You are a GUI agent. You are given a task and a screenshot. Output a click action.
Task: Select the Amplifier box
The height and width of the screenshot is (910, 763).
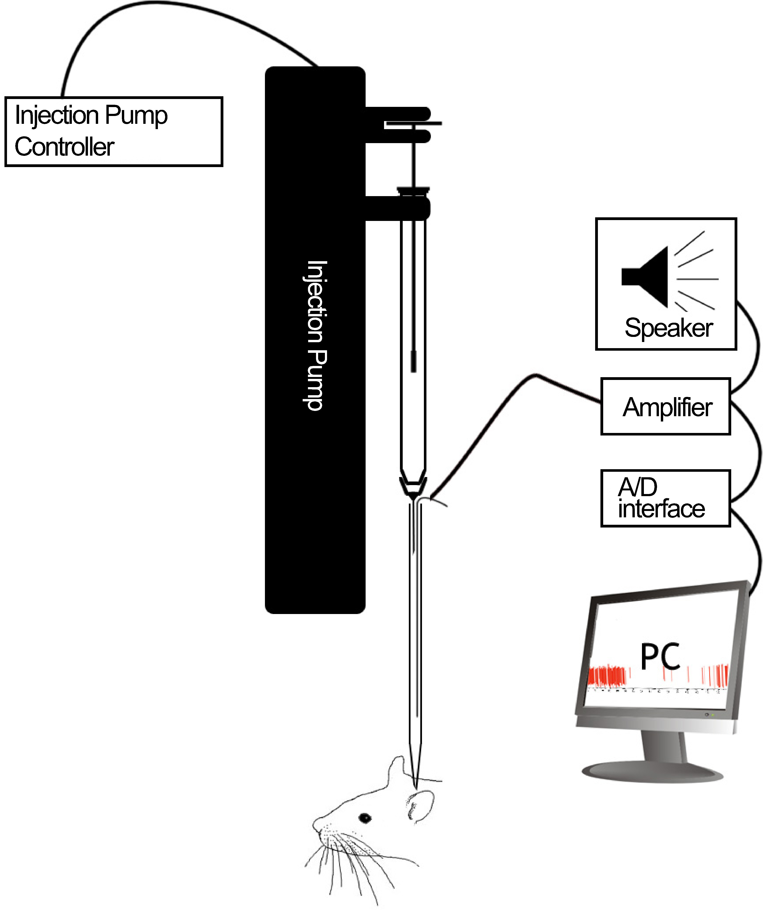coord(666,406)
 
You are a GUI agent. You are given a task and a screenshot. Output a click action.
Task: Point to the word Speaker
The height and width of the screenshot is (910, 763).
coord(668,328)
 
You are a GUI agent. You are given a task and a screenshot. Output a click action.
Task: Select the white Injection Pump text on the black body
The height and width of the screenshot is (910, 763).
coord(315,336)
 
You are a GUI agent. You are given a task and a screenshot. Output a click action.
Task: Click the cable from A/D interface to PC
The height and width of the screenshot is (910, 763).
coord(754,550)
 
